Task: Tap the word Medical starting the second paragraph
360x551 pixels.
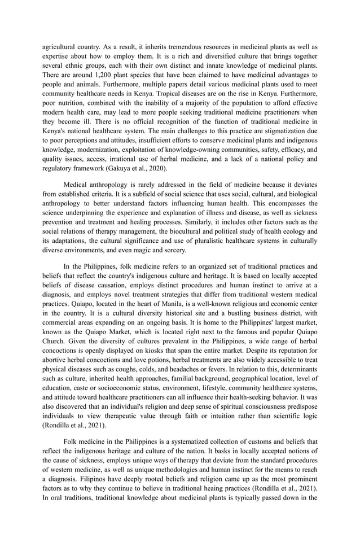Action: [x=77, y=185]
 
